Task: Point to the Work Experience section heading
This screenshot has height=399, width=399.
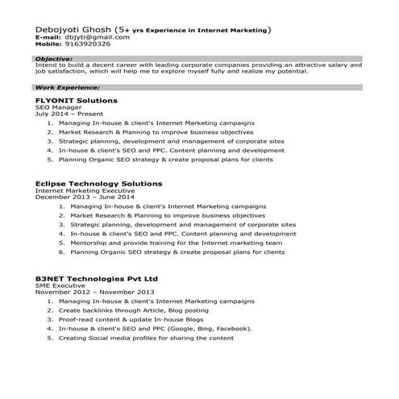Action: (x=67, y=86)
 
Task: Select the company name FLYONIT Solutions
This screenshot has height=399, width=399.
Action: (x=76, y=100)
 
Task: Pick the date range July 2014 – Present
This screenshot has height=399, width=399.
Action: (x=63, y=114)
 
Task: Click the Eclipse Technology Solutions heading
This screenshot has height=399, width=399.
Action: (x=98, y=184)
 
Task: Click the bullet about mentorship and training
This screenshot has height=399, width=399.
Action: (x=176, y=242)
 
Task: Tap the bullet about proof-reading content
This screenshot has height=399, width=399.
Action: (x=131, y=319)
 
